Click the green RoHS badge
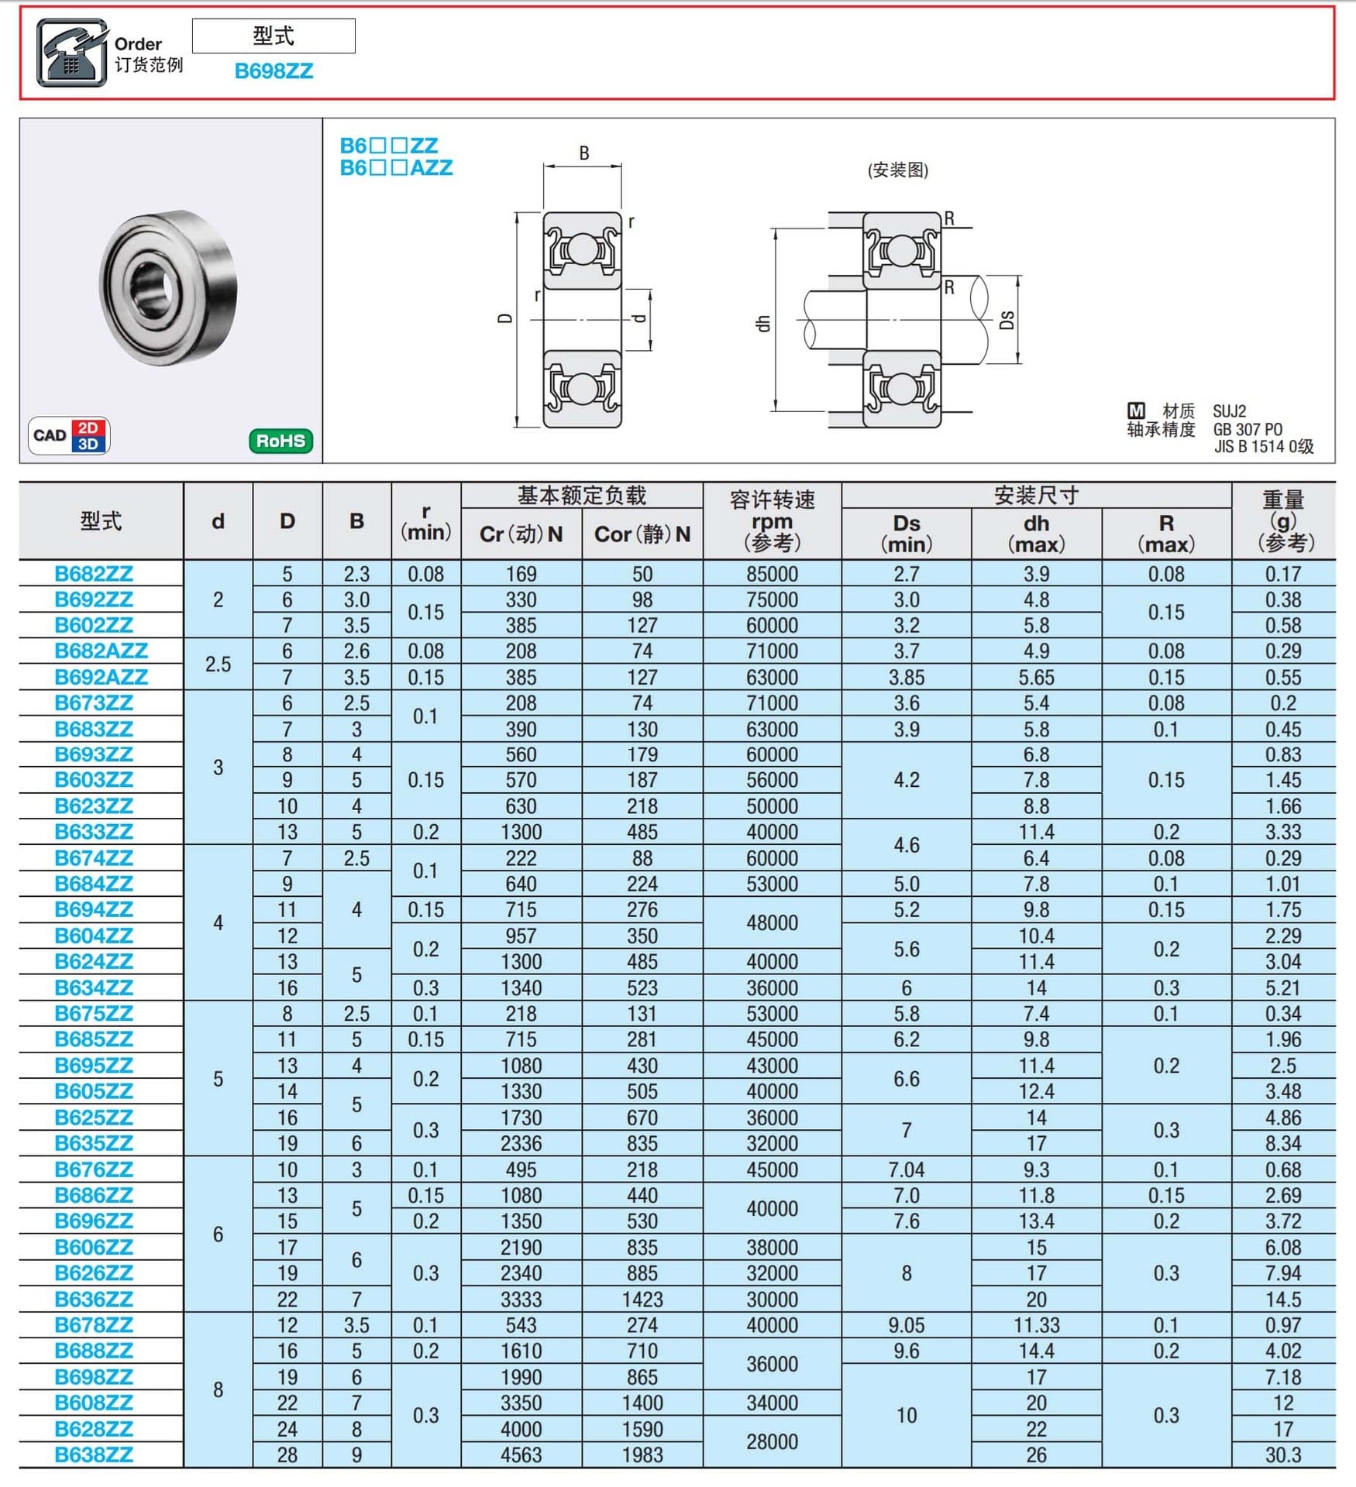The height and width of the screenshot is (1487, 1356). tap(280, 441)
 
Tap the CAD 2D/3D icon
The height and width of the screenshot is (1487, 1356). tap(69, 435)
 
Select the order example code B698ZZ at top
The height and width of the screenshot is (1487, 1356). tap(274, 71)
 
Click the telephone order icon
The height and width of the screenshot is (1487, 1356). tap(71, 53)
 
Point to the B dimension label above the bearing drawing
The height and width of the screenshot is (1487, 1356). tap(584, 153)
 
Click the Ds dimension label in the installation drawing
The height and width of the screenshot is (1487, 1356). tap(1007, 320)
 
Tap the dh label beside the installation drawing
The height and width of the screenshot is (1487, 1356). tap(763, 324)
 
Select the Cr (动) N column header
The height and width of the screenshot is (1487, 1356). tap(521, 534)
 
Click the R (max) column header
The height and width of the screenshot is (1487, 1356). tap(1165, 533)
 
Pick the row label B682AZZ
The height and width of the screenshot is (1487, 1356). tap(101, 651)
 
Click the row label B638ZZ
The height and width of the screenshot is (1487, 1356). tap(94, 1454)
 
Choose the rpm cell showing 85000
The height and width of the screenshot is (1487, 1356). tap(772, 574)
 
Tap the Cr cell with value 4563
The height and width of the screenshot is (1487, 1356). tap(521, 1454)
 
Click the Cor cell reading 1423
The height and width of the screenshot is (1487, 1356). tap(642, 1299)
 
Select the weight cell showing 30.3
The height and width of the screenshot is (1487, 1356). tap(1282, 1454)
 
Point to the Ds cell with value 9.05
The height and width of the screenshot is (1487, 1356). tap(906, 1325)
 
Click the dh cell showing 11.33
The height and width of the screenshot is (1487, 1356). tap(1036, 1325)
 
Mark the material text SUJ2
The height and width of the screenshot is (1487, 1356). tap(1230, 410)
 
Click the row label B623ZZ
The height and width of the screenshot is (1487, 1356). tap(94, 806)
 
